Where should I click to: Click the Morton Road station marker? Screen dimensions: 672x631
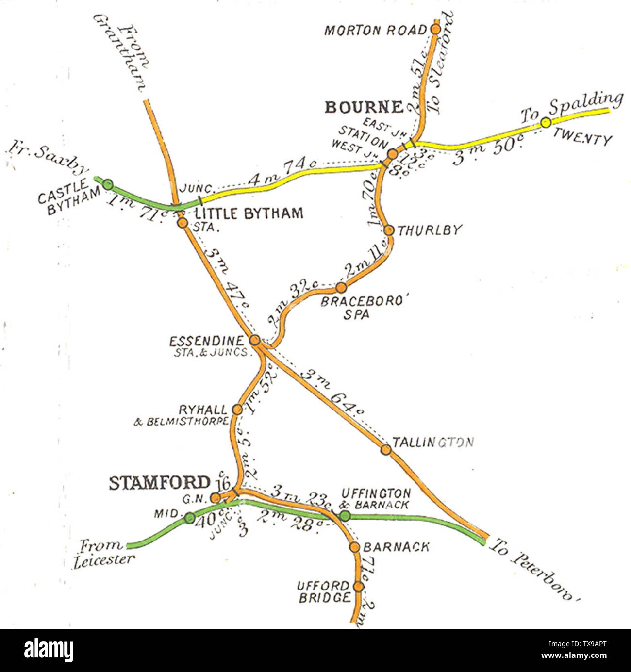tap(435, 29)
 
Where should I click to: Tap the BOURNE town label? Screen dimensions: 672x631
tap(364, 107)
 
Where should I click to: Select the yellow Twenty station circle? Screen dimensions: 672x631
tap(546, 123)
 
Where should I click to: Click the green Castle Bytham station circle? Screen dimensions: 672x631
tap(108, 184)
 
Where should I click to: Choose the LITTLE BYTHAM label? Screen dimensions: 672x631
tap(249, 213)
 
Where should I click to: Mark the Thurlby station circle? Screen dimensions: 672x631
tap(388, 230)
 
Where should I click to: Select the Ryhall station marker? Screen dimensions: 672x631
tap(237, 410)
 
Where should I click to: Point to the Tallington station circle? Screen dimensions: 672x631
tap(386, 450)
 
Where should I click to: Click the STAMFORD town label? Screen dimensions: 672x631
tap(159, 483)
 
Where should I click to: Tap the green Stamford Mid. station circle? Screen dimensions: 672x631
tap(190, 518)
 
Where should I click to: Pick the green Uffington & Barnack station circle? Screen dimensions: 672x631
tap(344, 516)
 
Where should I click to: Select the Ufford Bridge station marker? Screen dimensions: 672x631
tap(358, 586)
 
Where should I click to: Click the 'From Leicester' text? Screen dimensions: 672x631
tap(104, 553)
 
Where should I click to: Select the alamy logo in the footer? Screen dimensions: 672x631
tap(49, 650)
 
